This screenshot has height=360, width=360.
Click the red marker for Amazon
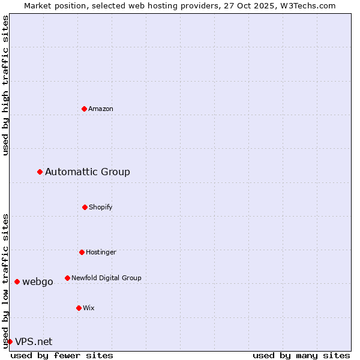tap(84, 109)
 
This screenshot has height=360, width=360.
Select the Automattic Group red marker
tap(40, 172)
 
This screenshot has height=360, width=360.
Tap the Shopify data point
tap(85, 207)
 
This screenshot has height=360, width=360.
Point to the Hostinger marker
tap(82, 252)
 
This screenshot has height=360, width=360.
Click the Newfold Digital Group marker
tap(67, 278)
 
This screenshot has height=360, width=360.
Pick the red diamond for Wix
tap(79, 308)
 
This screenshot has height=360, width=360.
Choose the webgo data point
tap(17, 282)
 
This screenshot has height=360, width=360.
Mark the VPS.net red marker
tap(10, 342)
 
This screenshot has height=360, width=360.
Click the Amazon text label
tap(101, 109)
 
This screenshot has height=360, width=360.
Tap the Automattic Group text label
tap(88, 172)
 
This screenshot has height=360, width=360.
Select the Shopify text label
tap(101, 207)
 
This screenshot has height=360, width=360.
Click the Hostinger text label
tap(101, 252)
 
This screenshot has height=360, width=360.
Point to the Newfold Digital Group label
tap(106, 278)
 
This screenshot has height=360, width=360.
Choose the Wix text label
tap(89, 308)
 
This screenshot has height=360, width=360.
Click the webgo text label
tap(38, 282)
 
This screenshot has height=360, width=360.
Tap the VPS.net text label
tap(34, 342)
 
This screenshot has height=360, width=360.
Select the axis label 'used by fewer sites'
tap(62, 355)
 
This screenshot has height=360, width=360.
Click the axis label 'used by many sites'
tap(301, 355)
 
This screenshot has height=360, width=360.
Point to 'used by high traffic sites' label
tap(5, 85)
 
